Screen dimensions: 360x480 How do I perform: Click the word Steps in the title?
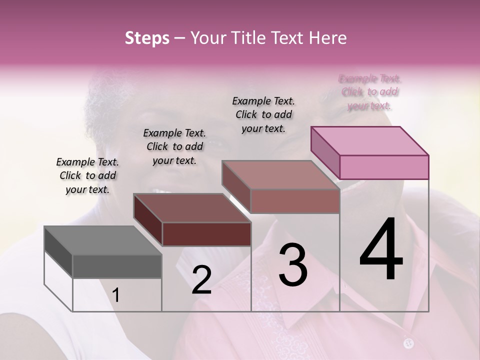[x=147, y=38]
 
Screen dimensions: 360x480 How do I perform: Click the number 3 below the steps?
[x=293, y=265]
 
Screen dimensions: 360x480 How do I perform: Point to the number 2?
[x=201, y=280]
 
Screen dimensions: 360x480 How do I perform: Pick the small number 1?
[x=116, y=295]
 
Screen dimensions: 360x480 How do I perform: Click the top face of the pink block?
[x=369, y=140]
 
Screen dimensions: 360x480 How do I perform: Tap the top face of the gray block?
[x=103, y=240]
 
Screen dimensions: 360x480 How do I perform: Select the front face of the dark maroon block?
[x=206, y=234]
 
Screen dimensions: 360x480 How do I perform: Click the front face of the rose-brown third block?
[x=295, y=201]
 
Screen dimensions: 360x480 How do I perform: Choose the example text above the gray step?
[x=87, y=175]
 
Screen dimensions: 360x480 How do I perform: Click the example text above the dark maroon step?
[x=174, y=146]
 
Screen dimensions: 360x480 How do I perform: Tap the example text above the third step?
[x=263, y=114]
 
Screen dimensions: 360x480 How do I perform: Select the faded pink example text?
[x=370, y=92]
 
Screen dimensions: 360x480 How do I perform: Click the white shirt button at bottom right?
[x=409, y=343]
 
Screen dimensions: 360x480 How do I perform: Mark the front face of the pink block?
[x=384, y=167]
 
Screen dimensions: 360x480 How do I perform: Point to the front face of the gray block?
[x=117, y=266]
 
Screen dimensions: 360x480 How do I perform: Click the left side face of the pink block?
[x=325, y=151]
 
